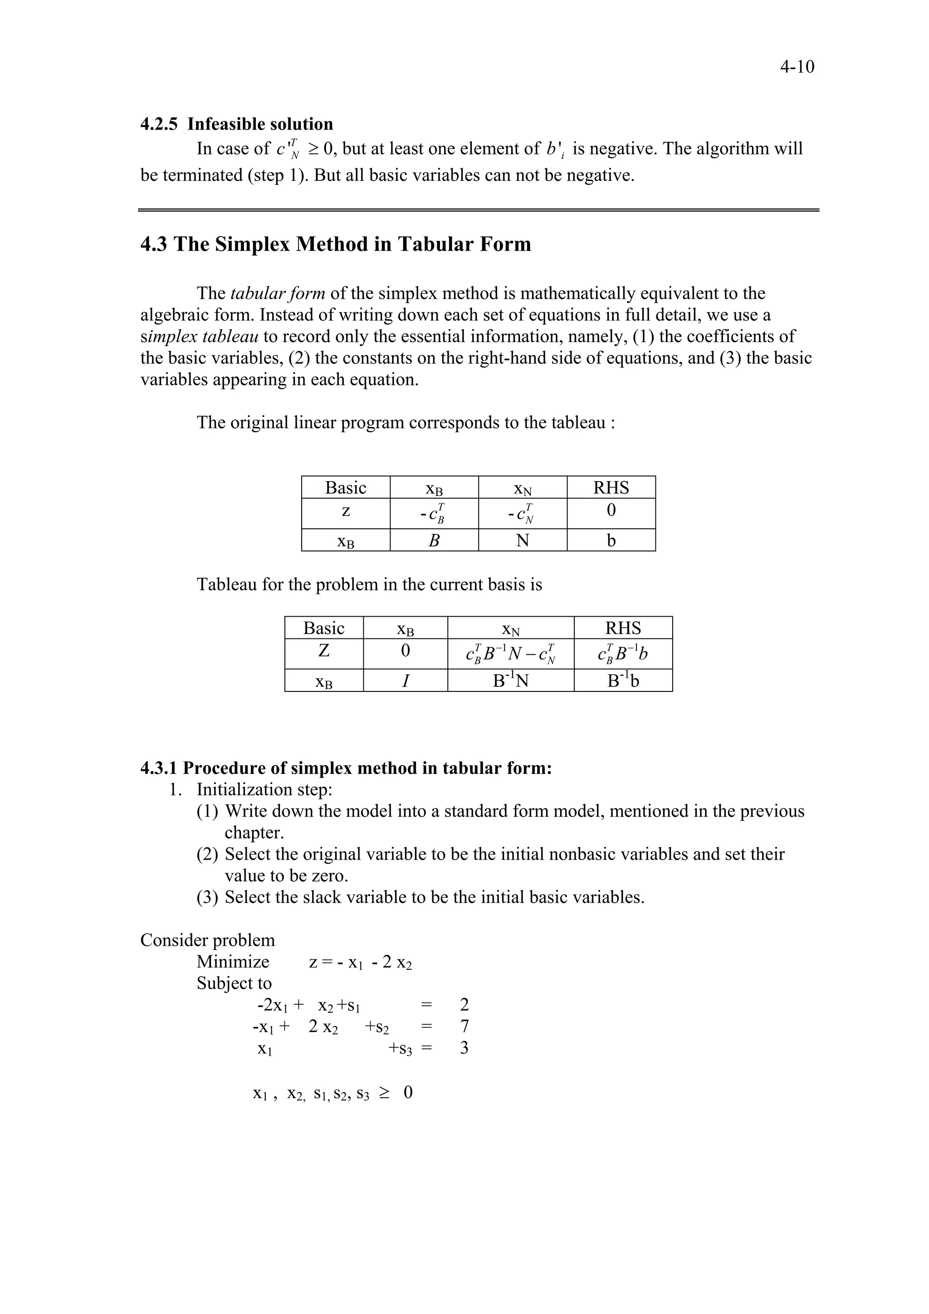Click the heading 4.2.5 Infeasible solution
[x=236, y=124]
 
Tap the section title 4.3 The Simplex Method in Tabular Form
[x=335, y=244]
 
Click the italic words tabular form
[x=278, y=294]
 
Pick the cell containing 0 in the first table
[x=611, y=511]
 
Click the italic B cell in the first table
[x=434, y=540]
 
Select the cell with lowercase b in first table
[x=611, y=540]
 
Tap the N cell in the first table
[x=522, y=540]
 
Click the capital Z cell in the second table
[x=323, y=651]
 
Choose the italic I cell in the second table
[x=405, y=681]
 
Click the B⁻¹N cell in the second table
[x=511, y=681]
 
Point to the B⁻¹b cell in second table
[x=623, y=681]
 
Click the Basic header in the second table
[x=323, y=628]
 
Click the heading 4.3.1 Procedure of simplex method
[x=346, y=768]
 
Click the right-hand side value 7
[x=464, y=1026]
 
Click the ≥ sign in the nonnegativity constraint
[x=383, y=1093]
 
